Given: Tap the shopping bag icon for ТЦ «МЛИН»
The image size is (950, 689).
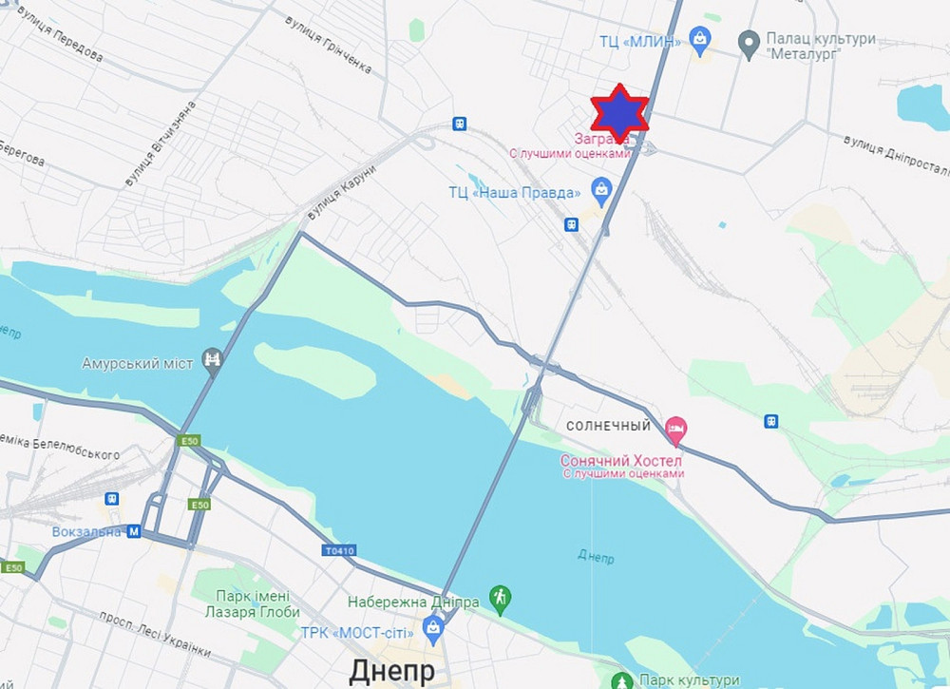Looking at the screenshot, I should pos(700,39).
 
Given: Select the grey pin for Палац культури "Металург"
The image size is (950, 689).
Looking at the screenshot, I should pos(749,41).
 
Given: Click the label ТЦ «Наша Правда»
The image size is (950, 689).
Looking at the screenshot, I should pos(514,193).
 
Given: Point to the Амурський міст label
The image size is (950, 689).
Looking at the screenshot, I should pos(138,364).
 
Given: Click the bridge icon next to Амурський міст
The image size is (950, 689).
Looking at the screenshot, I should pos(214,359).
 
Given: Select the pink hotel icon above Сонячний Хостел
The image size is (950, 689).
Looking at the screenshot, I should pos(674,429).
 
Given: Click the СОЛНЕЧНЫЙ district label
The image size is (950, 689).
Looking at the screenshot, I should pos(609,427).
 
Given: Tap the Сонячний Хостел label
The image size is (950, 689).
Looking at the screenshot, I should pos(621,460).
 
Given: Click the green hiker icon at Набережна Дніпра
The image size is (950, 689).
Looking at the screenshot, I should pos(500,598).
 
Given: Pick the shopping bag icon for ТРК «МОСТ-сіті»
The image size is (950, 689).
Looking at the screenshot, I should pos(434,626).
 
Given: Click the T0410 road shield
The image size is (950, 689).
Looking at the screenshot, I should pos(338,550).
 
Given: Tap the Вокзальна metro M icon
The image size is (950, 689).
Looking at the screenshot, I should pos(134,531).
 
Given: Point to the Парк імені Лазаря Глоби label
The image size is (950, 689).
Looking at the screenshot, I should pos(245,604).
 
